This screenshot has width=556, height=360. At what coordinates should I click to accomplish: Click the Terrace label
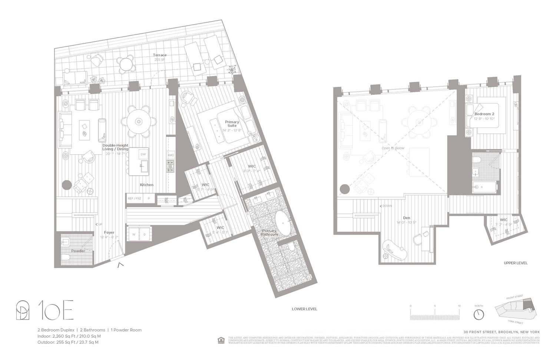160,55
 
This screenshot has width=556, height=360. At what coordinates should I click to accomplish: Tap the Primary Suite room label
232,123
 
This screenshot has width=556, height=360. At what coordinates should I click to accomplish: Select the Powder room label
78,251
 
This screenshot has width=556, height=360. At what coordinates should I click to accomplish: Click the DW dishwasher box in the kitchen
143,154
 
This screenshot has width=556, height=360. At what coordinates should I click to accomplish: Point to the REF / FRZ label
135,199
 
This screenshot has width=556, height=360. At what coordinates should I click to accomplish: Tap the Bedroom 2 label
484,114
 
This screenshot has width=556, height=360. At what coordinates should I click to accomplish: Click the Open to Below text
393,148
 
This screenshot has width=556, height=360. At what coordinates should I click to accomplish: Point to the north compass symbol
479,314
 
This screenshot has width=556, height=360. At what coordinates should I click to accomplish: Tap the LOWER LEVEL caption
304,309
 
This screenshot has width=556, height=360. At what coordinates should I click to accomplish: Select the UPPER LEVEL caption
515,263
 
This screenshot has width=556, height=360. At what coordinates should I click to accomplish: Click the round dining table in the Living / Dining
138,121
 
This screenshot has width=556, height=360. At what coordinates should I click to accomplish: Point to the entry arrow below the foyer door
120,265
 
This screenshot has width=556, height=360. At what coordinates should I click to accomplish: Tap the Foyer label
109,232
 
